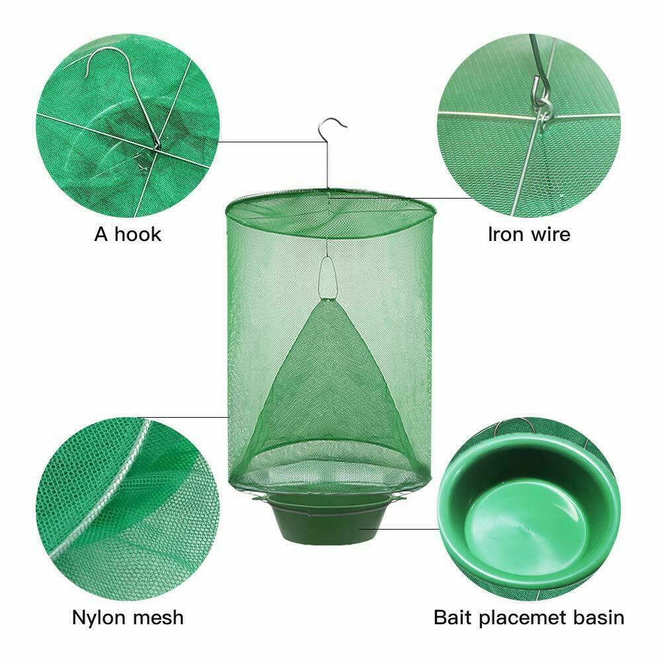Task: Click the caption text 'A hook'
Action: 128,234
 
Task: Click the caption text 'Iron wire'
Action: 529,234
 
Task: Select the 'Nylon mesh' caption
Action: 128,618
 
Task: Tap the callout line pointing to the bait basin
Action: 397,528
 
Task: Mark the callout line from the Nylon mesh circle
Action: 199,416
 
